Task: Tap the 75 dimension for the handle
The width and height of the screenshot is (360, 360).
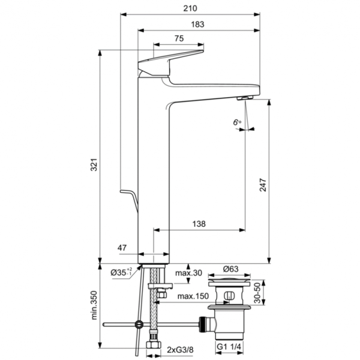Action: click(x=179, y=39)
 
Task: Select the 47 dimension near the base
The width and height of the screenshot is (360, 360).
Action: click(x=122, y=247)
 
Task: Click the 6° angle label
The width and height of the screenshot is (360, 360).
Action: click(x=237, y=122)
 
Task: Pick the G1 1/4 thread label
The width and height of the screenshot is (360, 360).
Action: click(x=230, y=349)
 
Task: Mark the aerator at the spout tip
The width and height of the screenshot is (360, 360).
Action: click(x=244, y=98)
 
